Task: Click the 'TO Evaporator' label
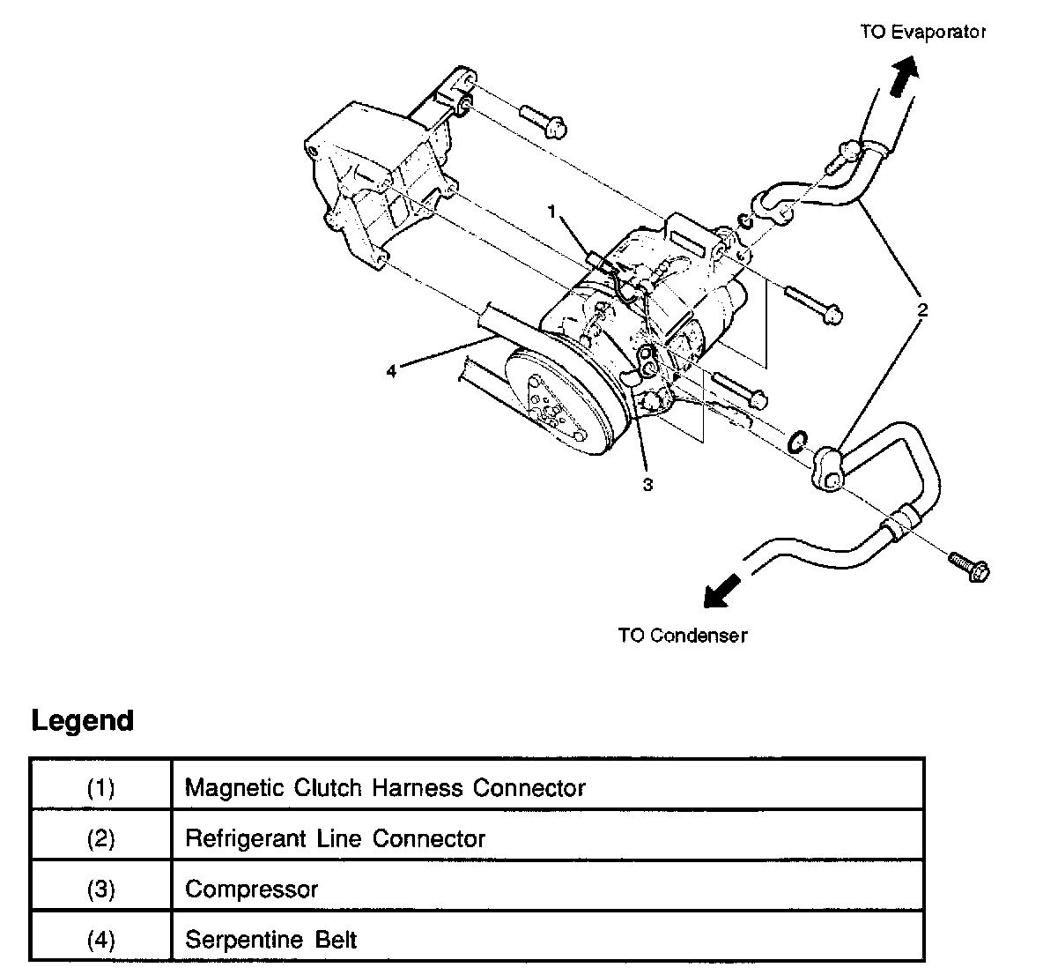pyautogui.click(x=922, y=33)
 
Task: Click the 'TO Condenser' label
pyautogui.click(x=682, y=635)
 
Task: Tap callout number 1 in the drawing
pyautogui.click(x=552, y=212)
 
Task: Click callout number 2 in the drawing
pyautogui.click(x=922, y=310)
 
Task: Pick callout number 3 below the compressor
pyautogui.click(x=647, y=484)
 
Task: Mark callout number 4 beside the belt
pyautogui.click(x=391, y=369)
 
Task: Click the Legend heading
pyautogui.click(x=83, y=720)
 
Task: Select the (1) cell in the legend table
pyautogui.click(x=100, y=786)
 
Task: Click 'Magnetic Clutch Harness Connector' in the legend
pyautogui.click(x=385, y=786)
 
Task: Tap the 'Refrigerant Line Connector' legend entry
pyautogui.click(x=335, y=837)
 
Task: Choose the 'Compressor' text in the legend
pyautogui.click(x=251, y=889)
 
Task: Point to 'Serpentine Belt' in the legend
pyautogui.click(x=270, y=940)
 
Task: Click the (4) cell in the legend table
pyautogui.click(x=100, y=940)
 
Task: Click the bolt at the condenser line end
pyautogui.click(x=969, y=564)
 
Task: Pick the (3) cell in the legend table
pyautogui.click(x=100, y=889)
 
